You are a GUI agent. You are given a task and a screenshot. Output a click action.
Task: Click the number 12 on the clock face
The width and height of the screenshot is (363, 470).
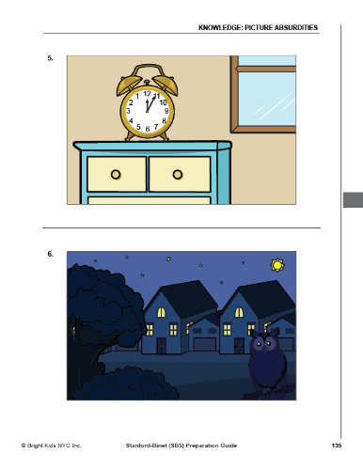tap(147, 93)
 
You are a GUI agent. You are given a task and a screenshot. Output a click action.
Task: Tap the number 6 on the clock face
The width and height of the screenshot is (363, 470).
tap(148, 129)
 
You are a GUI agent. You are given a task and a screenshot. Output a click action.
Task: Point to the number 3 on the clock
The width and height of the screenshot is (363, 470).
tap(128, 111)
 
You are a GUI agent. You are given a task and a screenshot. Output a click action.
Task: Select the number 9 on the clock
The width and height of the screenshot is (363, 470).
tap(166, 111)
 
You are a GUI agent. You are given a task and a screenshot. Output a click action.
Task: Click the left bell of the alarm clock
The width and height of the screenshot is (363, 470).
tap(128, 85)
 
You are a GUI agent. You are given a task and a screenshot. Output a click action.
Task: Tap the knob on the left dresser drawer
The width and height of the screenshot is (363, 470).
tap(116, 174)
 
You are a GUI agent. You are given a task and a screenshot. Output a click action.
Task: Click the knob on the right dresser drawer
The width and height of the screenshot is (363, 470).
tap(178, 174)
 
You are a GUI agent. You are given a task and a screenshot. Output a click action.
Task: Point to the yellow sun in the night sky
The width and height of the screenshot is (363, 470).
tap(277, 265)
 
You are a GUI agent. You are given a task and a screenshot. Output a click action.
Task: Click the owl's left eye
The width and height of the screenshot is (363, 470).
tap(260, 344)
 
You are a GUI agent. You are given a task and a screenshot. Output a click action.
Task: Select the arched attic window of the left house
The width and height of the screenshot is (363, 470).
tap(161, 312)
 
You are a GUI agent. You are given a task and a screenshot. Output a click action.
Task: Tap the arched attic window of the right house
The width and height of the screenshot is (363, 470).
tap(239, 312)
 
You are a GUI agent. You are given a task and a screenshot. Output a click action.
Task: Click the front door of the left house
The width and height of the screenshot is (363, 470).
tap(162, 346)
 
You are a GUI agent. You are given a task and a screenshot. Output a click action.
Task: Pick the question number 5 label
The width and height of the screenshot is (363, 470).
tap(50, 58)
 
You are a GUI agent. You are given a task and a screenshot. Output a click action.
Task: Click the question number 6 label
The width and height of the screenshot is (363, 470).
tap(50, 254)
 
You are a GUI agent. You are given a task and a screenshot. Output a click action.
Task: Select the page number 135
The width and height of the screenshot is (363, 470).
tap(337, 446)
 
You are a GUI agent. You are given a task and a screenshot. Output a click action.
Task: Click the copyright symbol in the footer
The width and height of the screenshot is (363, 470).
tap(24, 446)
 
